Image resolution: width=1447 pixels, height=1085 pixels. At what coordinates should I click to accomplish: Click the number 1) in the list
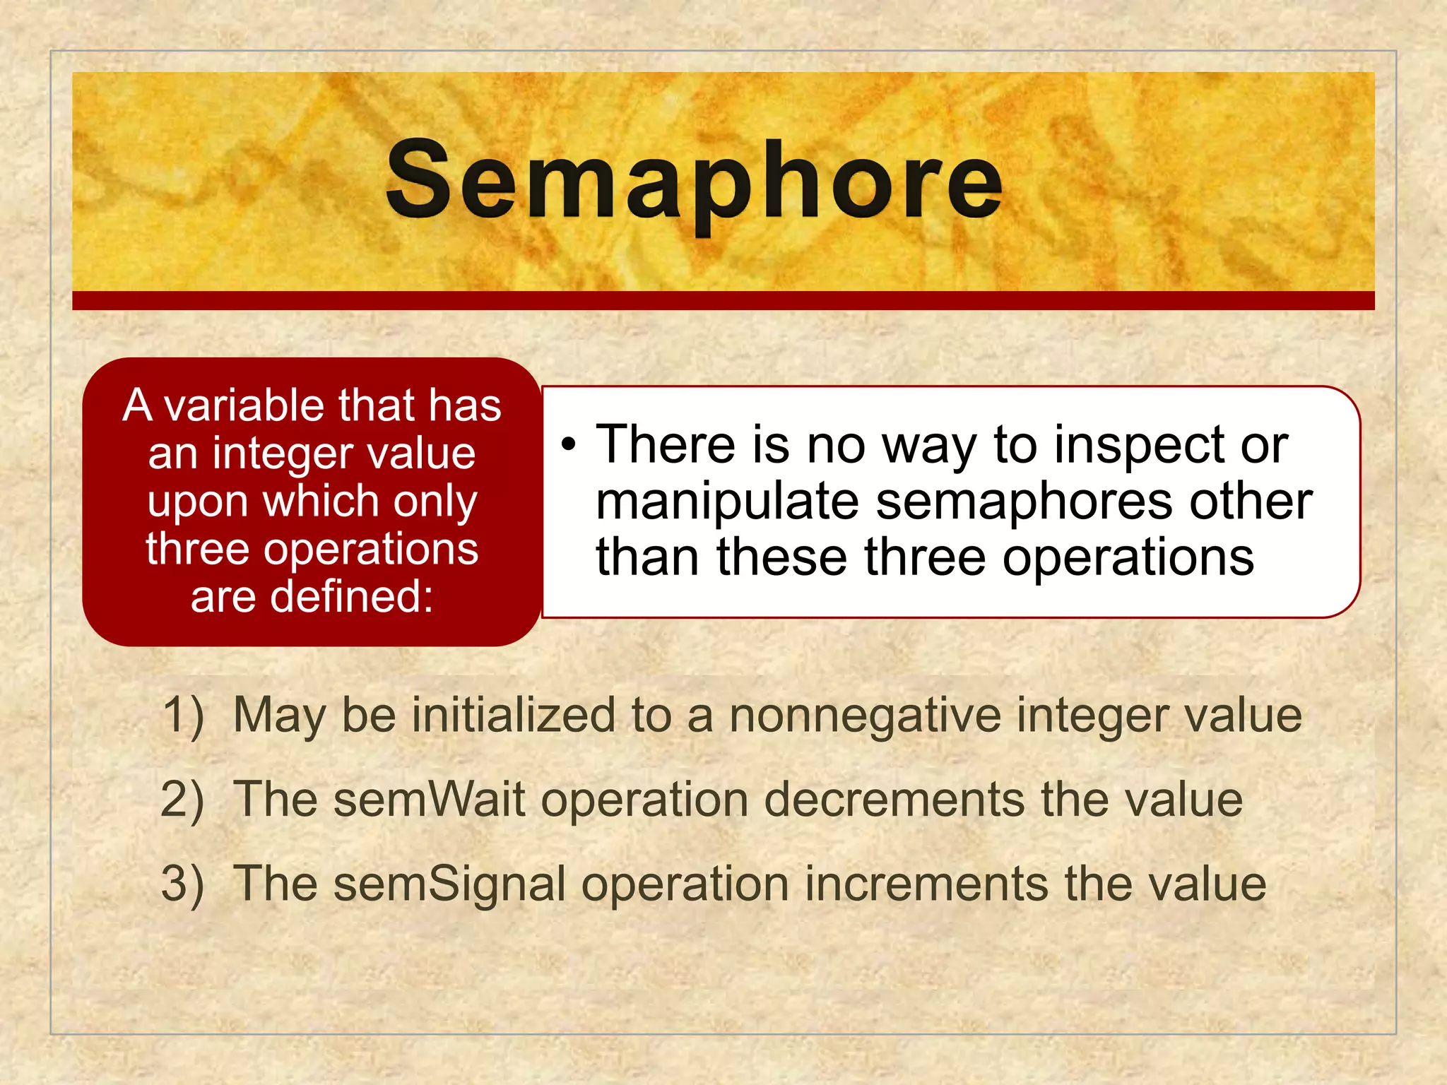(x=183, y=715)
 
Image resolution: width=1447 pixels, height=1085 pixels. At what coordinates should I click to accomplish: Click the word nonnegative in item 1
(x=865, y=715)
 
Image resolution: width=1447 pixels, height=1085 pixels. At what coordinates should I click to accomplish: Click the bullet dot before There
(x=569, y=444)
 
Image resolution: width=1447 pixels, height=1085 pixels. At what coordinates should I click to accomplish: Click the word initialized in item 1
(x=514, y=715)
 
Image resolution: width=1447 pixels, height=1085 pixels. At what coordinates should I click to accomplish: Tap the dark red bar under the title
(x=723, y=300)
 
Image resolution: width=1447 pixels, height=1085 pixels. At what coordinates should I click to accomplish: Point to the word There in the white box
(x=665, y=445)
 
